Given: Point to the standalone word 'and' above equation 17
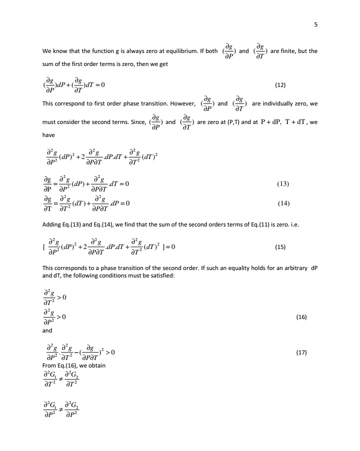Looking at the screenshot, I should click(x=47, y=330).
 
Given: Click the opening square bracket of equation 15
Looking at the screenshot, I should click(x=44, y=247).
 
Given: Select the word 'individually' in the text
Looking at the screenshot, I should click(x=284, y=104).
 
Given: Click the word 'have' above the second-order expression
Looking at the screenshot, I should click(x=48, y=134).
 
